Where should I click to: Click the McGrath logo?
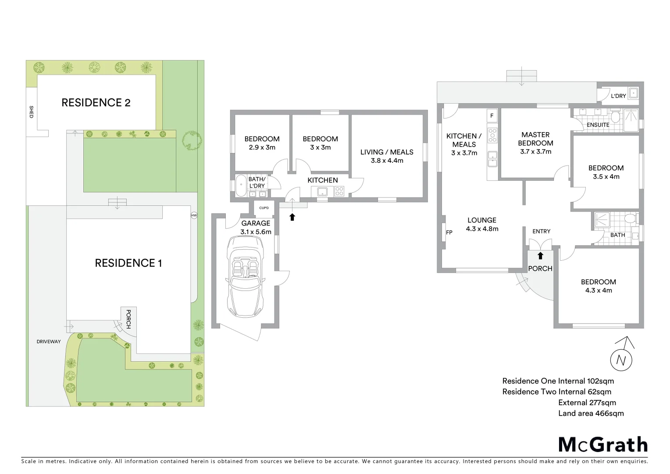point(603,445)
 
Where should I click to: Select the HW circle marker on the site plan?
point(194,215)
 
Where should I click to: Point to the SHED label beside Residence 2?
point(31,112)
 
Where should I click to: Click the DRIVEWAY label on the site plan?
point(49,341)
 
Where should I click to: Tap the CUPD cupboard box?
point(264,208)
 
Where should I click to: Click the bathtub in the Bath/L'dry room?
point(241,186)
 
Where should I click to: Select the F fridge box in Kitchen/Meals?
point(492,116)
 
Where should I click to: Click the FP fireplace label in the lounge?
point(449,233)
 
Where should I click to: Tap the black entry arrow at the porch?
point(540,256)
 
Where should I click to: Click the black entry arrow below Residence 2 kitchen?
point(292,217)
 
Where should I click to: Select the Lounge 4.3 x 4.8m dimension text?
point(482,229)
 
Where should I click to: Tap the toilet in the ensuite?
point(615,117)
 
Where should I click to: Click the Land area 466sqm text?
point(591,413)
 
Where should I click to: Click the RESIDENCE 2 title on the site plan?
point(96,103)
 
